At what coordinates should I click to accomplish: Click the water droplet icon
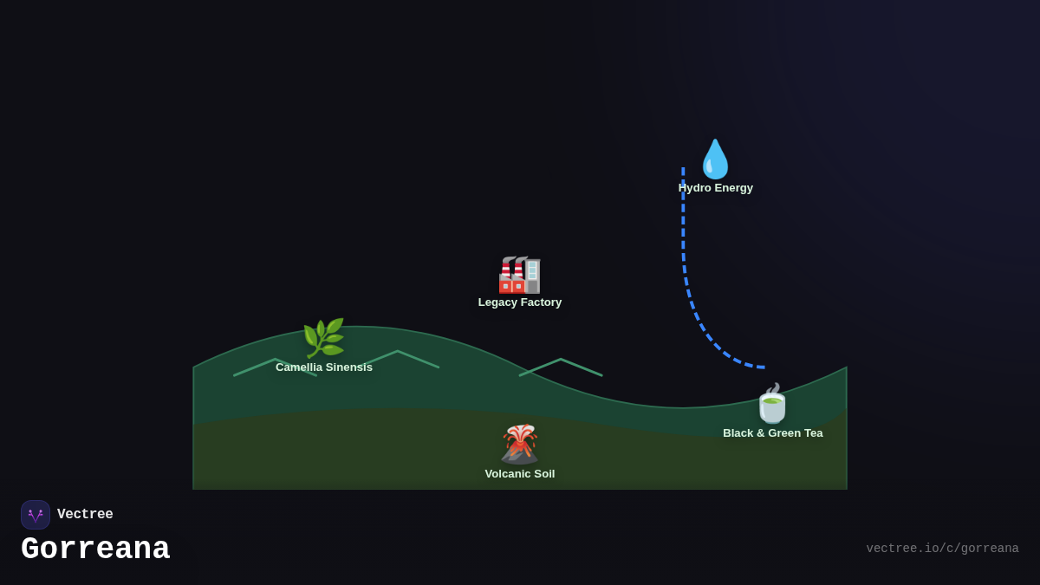point(715,159)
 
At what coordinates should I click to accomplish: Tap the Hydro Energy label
point(715,188)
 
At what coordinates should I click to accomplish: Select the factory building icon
point(519,275)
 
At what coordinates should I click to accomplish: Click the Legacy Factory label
point(520,302)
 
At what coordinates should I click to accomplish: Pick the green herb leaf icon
point(323,338)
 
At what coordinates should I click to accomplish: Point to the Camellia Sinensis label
point(324,367)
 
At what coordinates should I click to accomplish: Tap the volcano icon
point(519,444)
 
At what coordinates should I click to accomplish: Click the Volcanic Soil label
point(520,474)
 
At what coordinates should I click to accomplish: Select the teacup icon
point(772,404)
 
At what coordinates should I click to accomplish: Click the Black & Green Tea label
point(773,433)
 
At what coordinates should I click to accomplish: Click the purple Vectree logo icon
point(36,515)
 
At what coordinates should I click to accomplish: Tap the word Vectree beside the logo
point(85,515)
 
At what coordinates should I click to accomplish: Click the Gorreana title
point(95,549)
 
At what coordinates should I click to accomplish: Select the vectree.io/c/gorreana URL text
point(942,549)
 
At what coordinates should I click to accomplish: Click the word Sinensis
point(348,367)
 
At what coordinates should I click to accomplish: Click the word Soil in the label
point(543,474)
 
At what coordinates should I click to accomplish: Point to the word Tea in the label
point(812,433)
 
